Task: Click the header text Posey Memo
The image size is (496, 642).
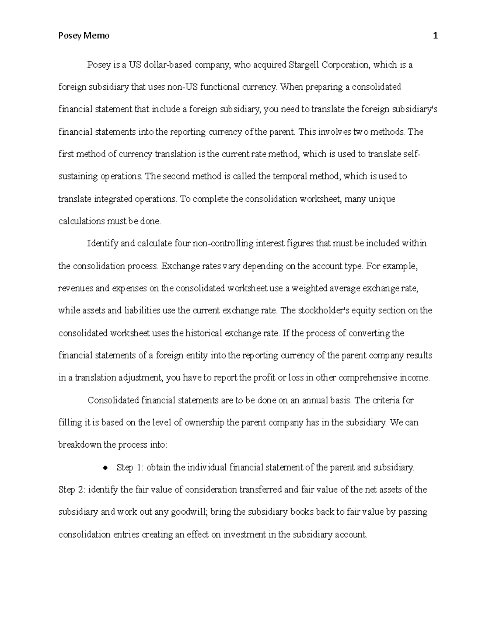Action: tap(84, 36)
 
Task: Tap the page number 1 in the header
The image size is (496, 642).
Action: tap(435, 36)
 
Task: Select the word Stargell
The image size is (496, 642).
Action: tap(304, 65)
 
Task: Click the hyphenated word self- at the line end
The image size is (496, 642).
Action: tap(412, 154)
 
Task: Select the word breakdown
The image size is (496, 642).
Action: tap(80, 445)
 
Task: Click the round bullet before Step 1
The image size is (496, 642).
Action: tap(106, 468)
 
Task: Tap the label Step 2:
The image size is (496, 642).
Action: tap(73, 490)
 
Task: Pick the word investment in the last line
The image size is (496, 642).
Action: tap(244, 535)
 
